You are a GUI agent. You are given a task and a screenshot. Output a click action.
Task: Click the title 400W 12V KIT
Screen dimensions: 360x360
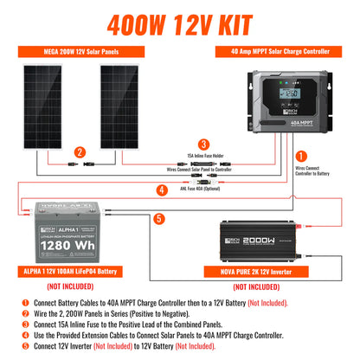click(180, 18)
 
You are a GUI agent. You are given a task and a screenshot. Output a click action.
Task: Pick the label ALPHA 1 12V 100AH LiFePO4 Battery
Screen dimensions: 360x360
click(74, 273)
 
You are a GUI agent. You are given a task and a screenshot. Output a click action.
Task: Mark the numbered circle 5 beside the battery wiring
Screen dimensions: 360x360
click(158, 219)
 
